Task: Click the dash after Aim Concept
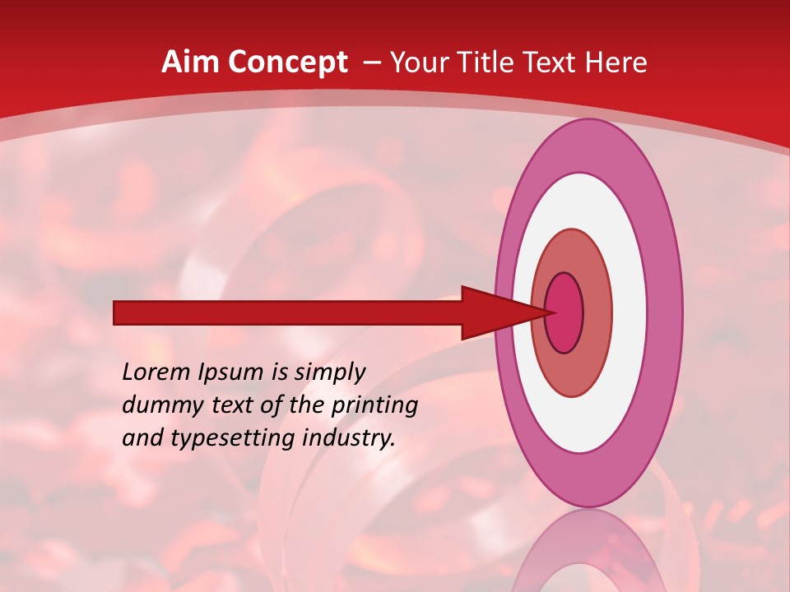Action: (x=371, y=63)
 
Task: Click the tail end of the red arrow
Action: (x=118, y=312)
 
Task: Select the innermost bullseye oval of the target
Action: (x=565, y=312)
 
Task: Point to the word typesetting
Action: (x=225, y=439)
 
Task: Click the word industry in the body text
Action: (x=346, y=439)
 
